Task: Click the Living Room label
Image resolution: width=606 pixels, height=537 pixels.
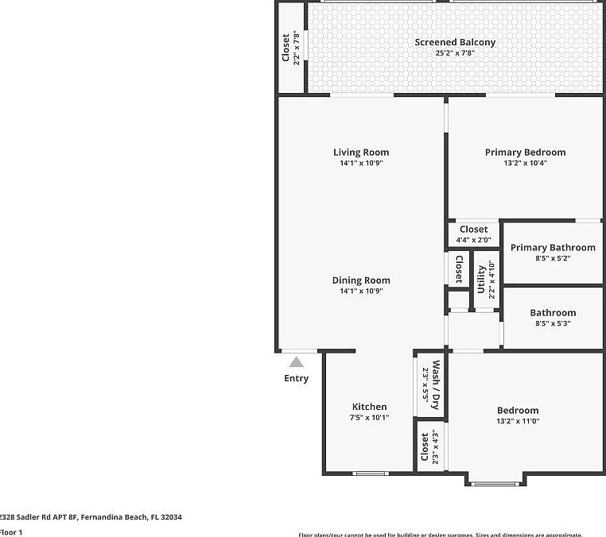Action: (360, 153)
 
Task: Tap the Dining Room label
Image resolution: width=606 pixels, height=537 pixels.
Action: (360, 280)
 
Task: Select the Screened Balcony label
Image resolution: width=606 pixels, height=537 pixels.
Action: (455, 42)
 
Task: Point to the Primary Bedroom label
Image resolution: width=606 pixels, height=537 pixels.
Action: (525, 153)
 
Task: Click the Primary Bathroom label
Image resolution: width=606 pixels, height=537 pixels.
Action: (553, 248)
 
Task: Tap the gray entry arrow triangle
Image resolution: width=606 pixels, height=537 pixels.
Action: (296, 362)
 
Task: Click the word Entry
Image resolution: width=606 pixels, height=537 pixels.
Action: (296, 379)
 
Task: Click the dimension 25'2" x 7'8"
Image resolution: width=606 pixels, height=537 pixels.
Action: (455, 53)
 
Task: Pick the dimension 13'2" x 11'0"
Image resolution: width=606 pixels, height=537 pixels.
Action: (518, 421)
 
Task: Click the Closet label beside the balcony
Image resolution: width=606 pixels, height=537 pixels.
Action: (286, 48)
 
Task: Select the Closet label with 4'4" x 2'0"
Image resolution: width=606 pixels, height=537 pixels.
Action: (473, 230)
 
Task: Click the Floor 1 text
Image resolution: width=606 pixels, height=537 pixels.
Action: (11, 532)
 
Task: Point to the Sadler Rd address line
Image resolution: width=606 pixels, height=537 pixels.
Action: (91, 517)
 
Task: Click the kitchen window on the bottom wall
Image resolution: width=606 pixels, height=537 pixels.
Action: (371, 473)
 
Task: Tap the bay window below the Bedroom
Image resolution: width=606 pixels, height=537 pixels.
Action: (495, 483)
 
